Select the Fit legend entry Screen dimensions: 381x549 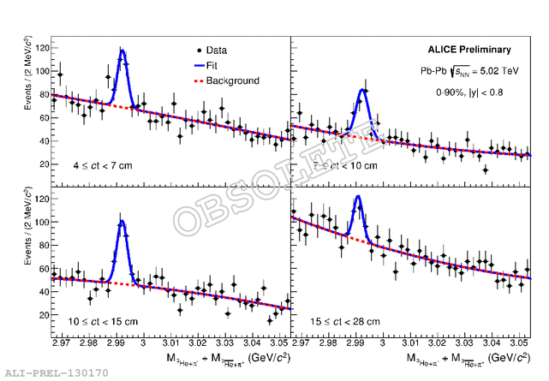pyautogui.click(x=219, y=65)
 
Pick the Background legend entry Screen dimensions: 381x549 pyautogui.click(x=231, y=80)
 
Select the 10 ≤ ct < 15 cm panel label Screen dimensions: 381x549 pyautogui.click(x=103, y=321)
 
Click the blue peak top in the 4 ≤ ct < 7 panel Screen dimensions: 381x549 pyautogui.click(x=122, y=51)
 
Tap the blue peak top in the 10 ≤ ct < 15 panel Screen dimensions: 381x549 pyautogui.click(x=122, y=222)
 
